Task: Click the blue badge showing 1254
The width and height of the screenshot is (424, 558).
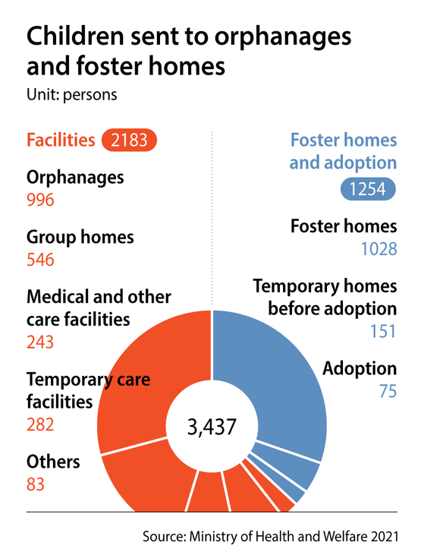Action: [368, 188]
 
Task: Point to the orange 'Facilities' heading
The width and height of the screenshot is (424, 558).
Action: [61, 140]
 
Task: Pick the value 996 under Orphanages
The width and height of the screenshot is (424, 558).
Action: [40, 200]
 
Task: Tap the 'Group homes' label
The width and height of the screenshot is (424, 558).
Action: [80, 237]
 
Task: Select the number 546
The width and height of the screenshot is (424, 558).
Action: [40, 260]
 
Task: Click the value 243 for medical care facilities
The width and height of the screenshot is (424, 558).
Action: [40, 342]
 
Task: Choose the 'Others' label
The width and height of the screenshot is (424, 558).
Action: [53, 462]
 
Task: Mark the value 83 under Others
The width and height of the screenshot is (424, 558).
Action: [36, 484]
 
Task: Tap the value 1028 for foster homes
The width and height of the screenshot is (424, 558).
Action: [376, 248]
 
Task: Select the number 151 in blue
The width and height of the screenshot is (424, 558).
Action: [382, 332]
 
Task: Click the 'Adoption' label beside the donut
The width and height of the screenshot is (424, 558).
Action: [360, 369]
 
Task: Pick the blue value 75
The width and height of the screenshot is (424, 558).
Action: [388, 392]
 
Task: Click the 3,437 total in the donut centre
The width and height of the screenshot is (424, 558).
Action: [212, 427]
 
